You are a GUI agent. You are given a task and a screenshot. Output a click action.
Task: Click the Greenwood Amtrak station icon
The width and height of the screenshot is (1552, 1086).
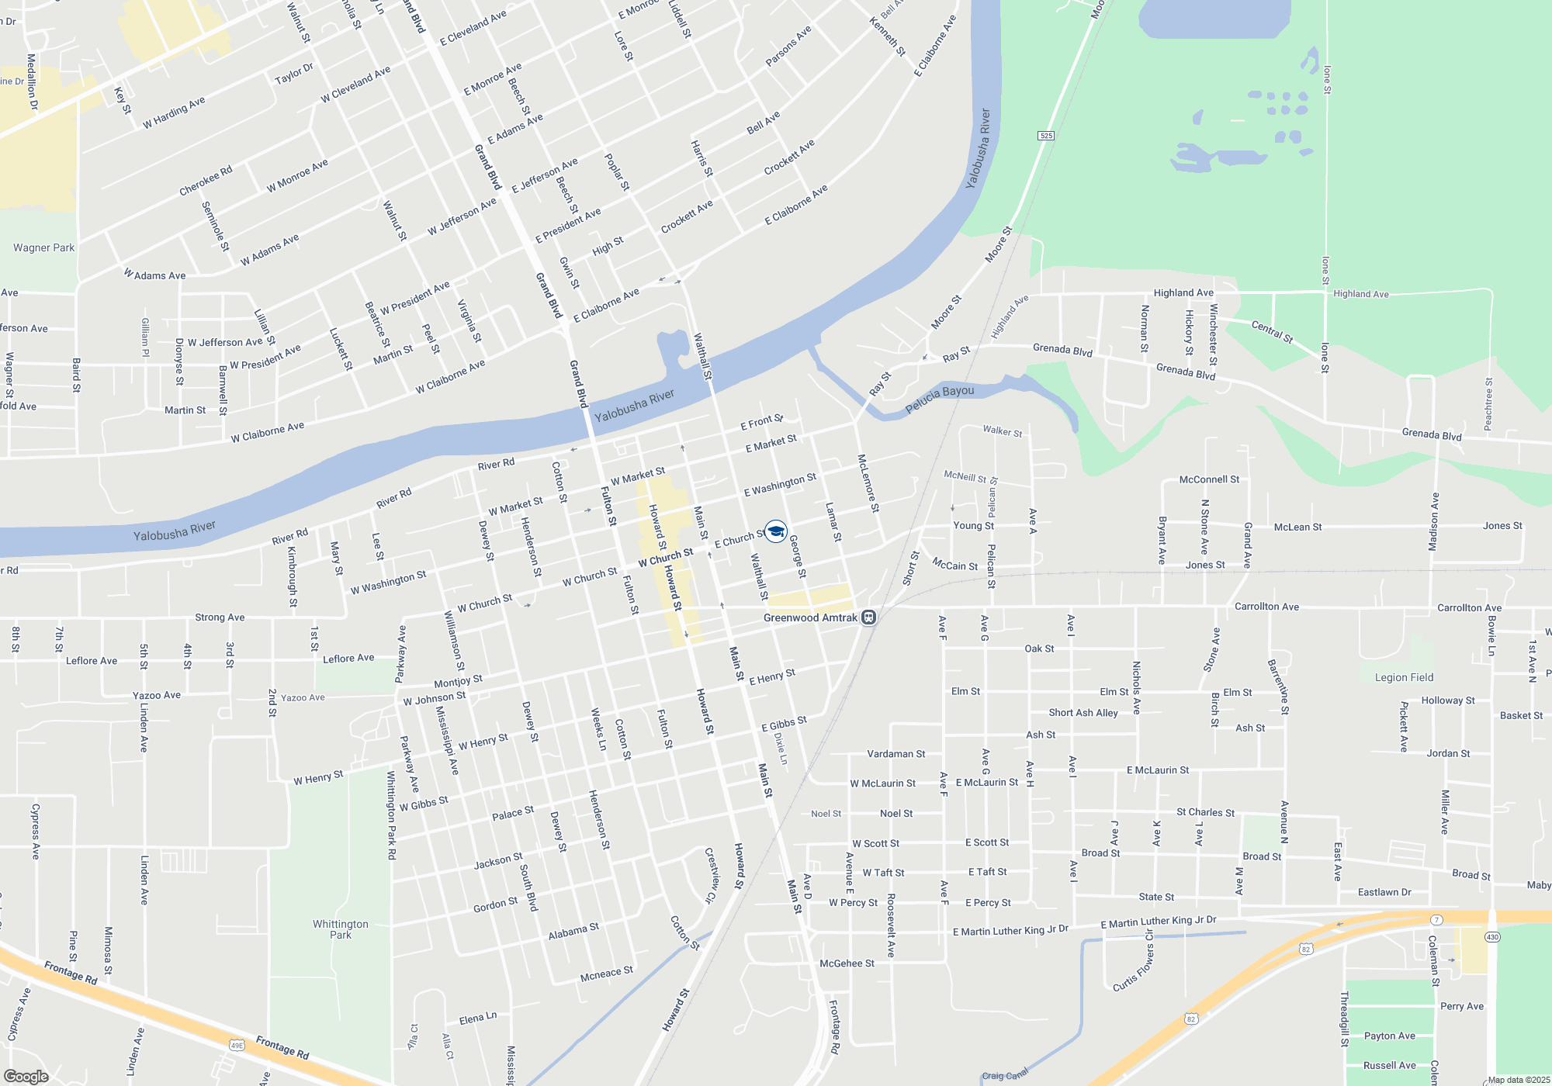(869, 617)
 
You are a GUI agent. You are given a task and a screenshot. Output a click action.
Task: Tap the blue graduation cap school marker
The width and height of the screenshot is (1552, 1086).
(775, 531)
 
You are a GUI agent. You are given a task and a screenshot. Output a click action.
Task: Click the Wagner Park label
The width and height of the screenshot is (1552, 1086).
(43, 248)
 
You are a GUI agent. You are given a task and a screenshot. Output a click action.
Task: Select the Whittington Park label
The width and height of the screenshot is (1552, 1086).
(341, 929)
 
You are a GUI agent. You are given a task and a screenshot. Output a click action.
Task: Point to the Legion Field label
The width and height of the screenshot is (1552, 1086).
(1404, 677)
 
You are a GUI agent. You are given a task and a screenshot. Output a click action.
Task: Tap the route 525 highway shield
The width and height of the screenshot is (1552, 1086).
(1046, 136)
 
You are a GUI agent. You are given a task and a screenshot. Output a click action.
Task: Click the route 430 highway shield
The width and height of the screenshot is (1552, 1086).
(1492, 937)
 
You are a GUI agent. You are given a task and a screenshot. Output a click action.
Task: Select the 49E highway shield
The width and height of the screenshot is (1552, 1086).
(237, 1045)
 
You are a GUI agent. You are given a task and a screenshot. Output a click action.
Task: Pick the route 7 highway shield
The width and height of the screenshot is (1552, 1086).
(1437, 920)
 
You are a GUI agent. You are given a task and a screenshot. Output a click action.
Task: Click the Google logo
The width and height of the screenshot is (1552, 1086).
(26, 1076)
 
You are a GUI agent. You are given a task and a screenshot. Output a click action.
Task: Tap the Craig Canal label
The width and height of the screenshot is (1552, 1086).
(1004, 1075)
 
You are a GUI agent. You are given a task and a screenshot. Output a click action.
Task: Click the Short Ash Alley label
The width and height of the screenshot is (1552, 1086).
(1083, 713)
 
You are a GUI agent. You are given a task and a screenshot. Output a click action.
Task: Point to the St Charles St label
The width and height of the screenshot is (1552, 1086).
(1205, 812)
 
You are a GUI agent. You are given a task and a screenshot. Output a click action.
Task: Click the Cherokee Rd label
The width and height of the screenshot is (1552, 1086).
(206, 181)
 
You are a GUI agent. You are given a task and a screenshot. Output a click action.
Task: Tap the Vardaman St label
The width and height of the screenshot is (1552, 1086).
(896, 754)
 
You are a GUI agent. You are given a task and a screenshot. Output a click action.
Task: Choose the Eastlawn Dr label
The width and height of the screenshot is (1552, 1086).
(1384, 892)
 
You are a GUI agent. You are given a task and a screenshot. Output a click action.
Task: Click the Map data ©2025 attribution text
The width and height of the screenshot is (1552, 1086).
(1519, 1080)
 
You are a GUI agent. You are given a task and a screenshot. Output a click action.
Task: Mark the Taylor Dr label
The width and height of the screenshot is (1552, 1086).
(294, 74)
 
